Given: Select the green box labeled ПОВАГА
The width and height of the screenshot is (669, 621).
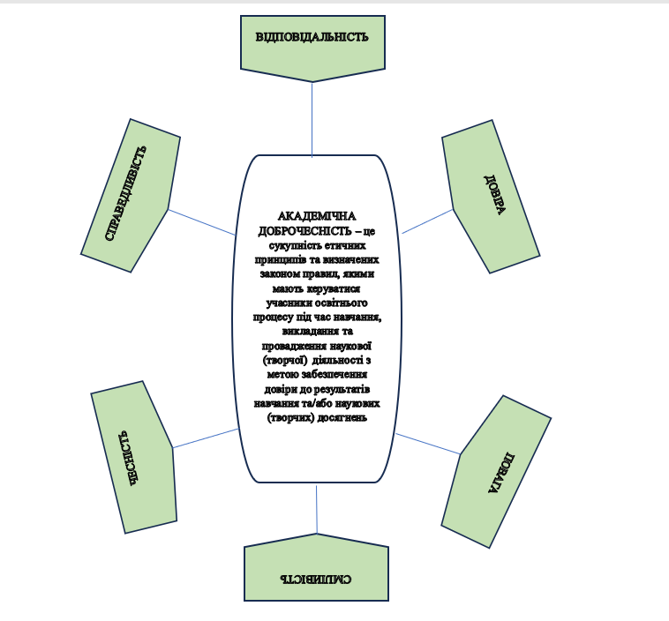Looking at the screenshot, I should (496, 472).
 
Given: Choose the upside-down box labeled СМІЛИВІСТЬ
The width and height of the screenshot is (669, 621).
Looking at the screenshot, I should (316, 578).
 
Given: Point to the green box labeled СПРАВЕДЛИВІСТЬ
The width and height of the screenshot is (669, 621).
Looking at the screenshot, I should (131, 196).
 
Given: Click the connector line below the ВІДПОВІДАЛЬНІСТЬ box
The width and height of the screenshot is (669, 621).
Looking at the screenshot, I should (312, 115).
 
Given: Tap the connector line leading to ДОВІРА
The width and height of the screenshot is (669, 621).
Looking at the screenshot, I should (428, 221).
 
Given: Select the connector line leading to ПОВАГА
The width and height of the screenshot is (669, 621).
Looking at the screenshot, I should (427, 444).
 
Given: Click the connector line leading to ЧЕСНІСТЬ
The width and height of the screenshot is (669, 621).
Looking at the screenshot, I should (206, 438).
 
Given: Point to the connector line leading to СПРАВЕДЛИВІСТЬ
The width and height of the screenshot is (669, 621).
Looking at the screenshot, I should (202, 221).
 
